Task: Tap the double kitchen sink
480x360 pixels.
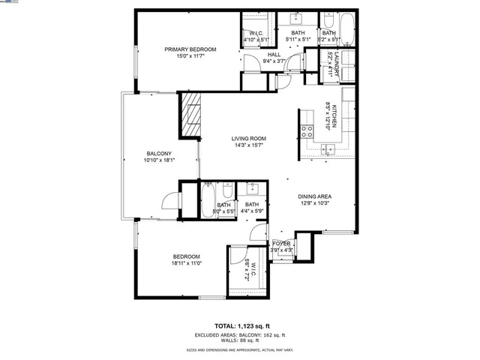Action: [x=328, y=149]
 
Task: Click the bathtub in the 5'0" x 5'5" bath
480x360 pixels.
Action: [x=207, y=201]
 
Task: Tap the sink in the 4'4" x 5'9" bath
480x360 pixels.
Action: [x=253, y=187]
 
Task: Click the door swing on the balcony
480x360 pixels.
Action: [x=171, y=200]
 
